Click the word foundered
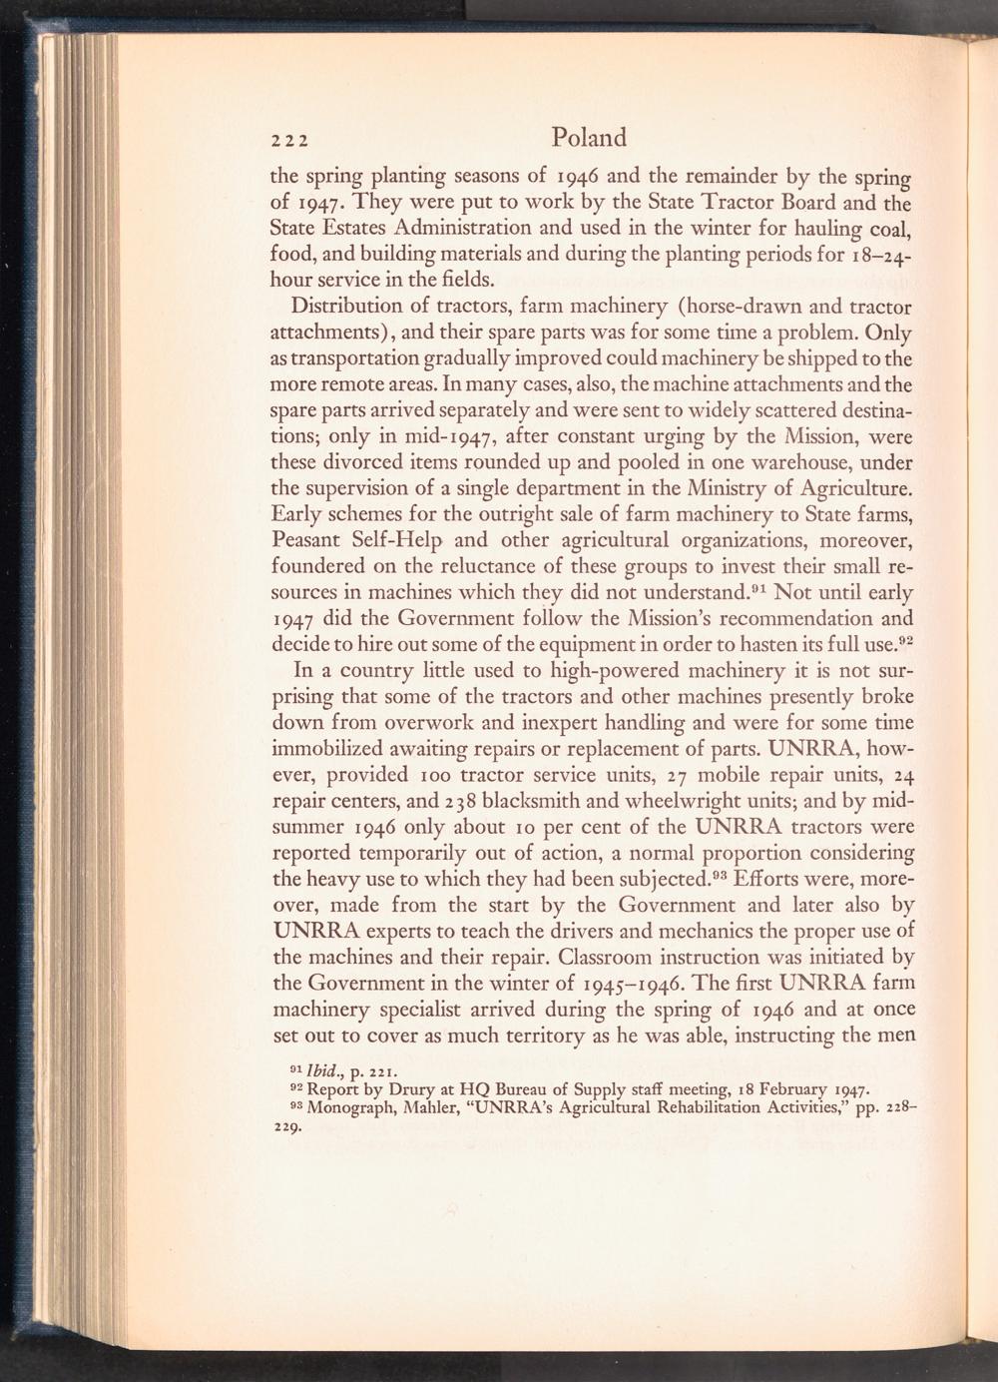[322, 567]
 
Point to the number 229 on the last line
[287, 1128]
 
